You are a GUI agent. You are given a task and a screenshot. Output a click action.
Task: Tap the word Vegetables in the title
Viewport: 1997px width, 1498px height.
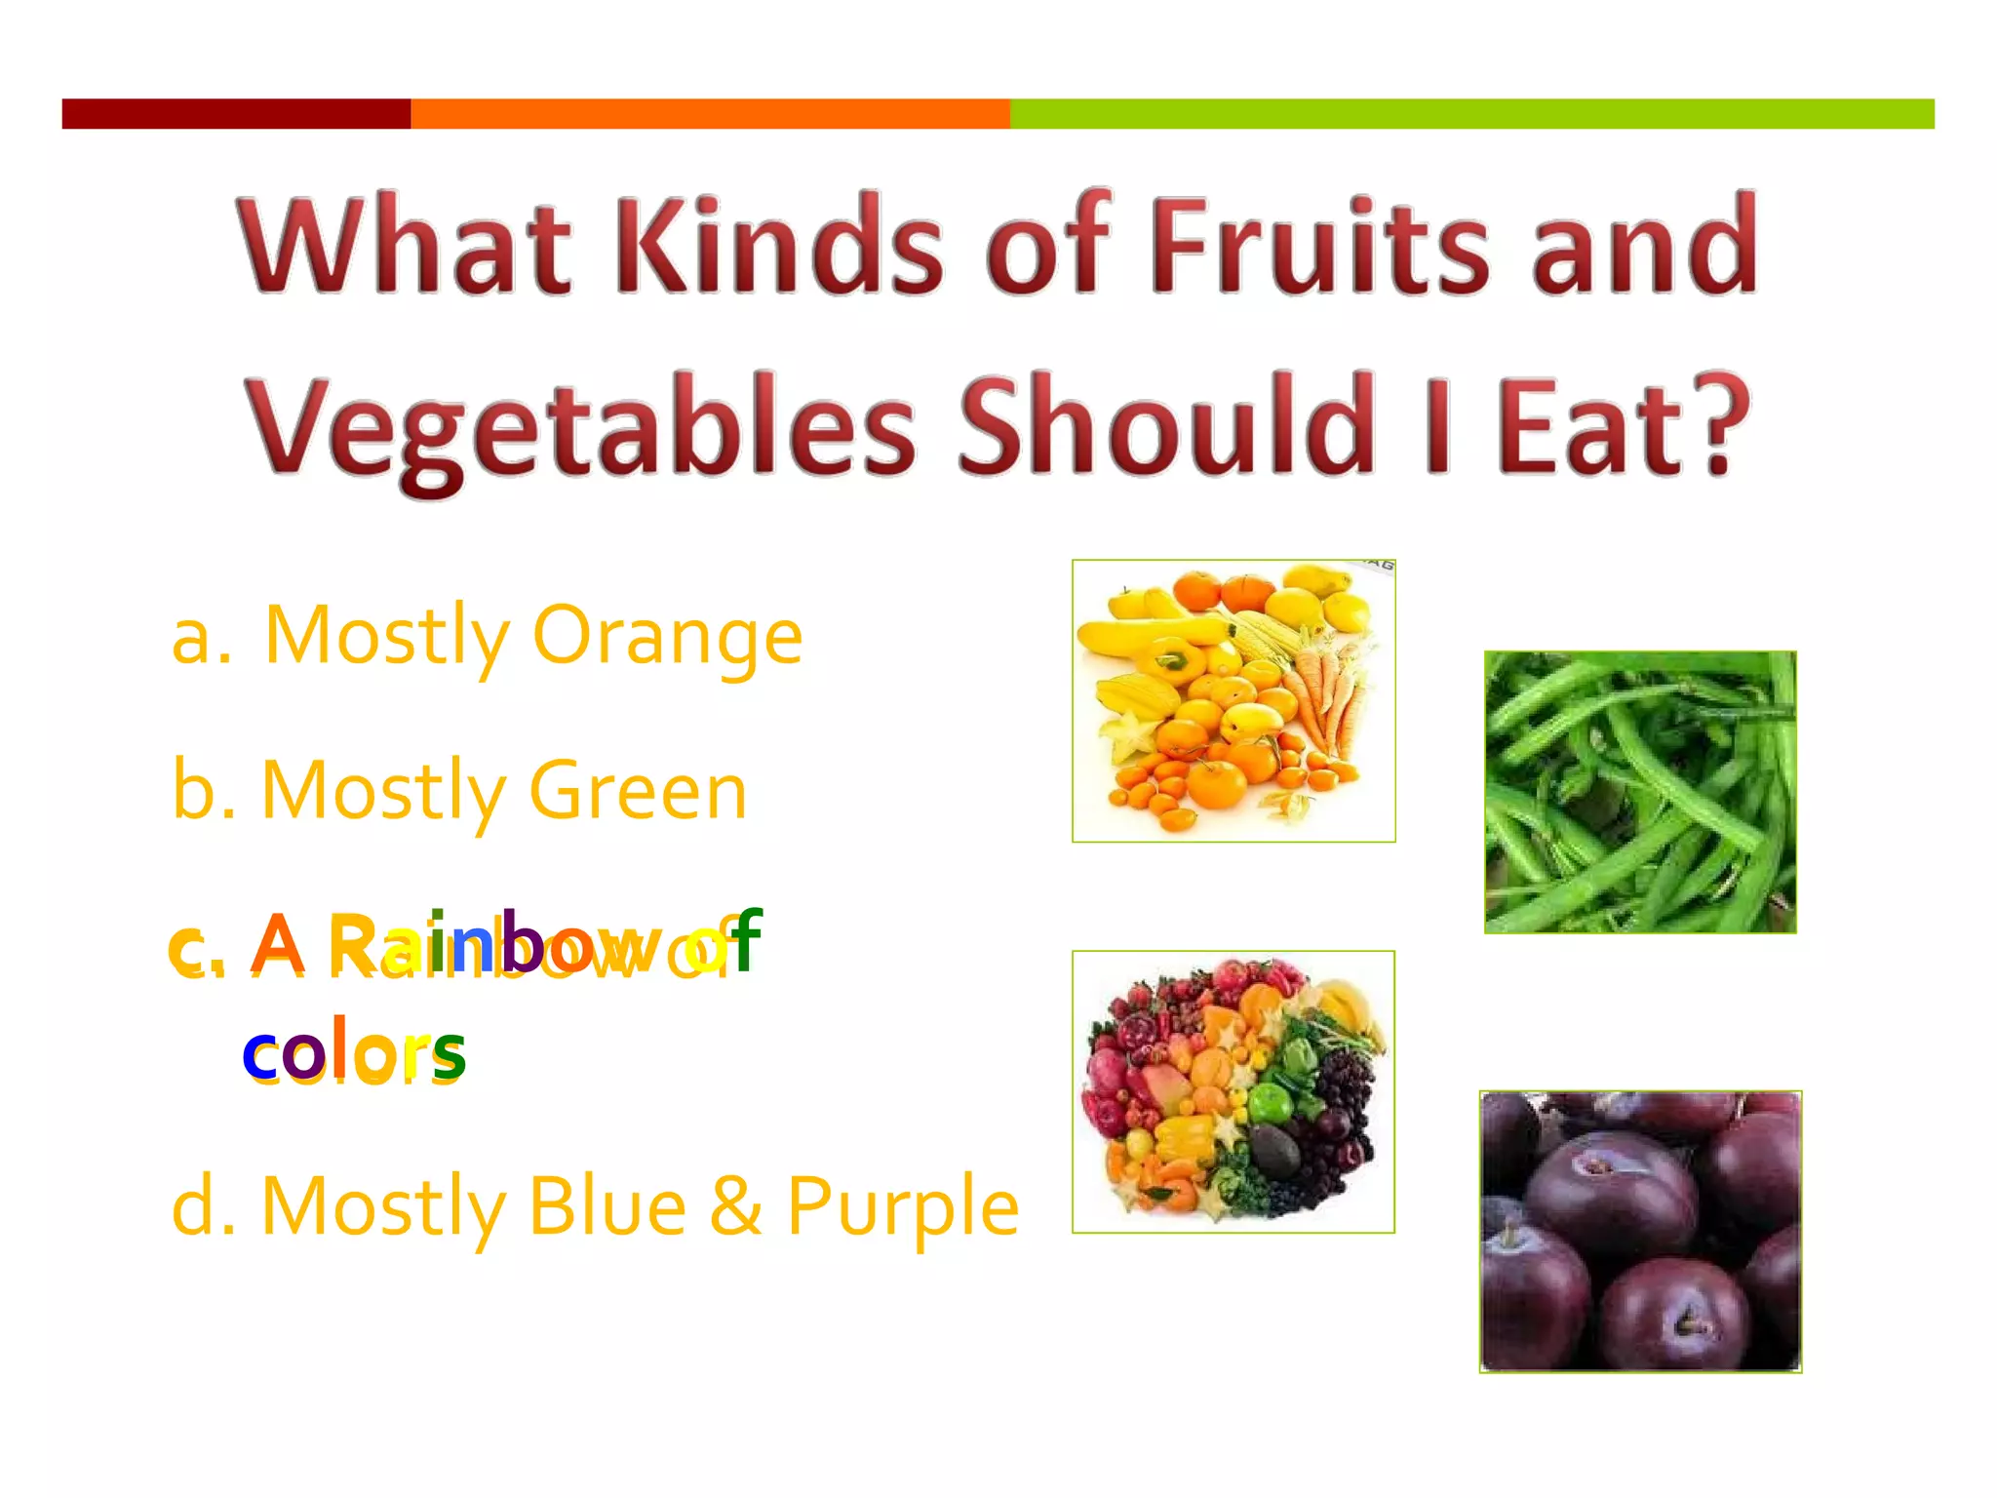coord(579,429)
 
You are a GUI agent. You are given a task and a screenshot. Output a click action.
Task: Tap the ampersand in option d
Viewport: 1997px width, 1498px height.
coord(735,1207)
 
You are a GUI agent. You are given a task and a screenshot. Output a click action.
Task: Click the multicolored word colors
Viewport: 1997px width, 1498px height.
coord(354,1051)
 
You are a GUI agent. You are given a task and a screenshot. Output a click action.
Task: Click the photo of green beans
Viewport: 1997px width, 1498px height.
coord(1640,792)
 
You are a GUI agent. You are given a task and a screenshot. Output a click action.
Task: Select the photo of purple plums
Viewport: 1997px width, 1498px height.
coord(1640,1232)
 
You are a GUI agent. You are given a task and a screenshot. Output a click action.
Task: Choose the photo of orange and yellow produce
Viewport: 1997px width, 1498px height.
coord(1233,700)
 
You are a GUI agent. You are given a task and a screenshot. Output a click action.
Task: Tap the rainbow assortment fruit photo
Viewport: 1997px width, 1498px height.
coord(1233,1091)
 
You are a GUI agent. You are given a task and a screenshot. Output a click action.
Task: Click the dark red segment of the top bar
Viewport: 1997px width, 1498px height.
coord(236,114)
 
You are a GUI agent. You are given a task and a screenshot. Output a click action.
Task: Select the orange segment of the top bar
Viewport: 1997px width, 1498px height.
coord(710,114)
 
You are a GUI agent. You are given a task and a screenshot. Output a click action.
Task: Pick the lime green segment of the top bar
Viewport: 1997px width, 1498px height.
coord(1471,114)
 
